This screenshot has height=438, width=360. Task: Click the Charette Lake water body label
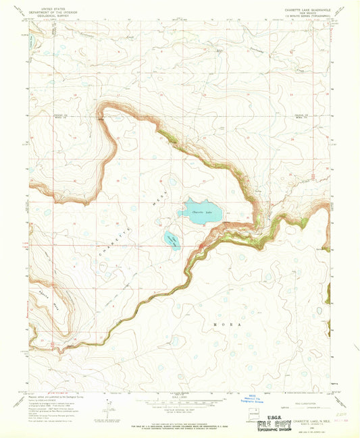202,213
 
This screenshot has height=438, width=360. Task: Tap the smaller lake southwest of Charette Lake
171,239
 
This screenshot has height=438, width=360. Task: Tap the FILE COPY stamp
267,425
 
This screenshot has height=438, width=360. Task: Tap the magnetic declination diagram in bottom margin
107,406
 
